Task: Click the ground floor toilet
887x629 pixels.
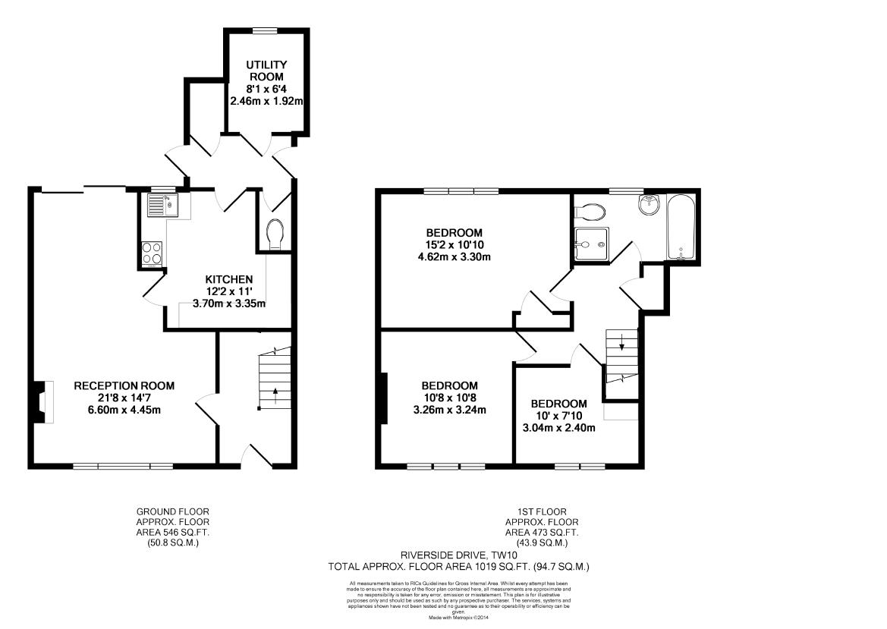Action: [275, 233]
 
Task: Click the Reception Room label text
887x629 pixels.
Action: [124, 386]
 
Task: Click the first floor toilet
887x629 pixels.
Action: [590, 210]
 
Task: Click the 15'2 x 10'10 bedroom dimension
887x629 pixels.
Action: [455, 244]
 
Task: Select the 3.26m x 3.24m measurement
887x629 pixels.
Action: [449, 410]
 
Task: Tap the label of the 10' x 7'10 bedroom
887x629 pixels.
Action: [558, 404]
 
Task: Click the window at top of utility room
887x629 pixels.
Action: [265, 30]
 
